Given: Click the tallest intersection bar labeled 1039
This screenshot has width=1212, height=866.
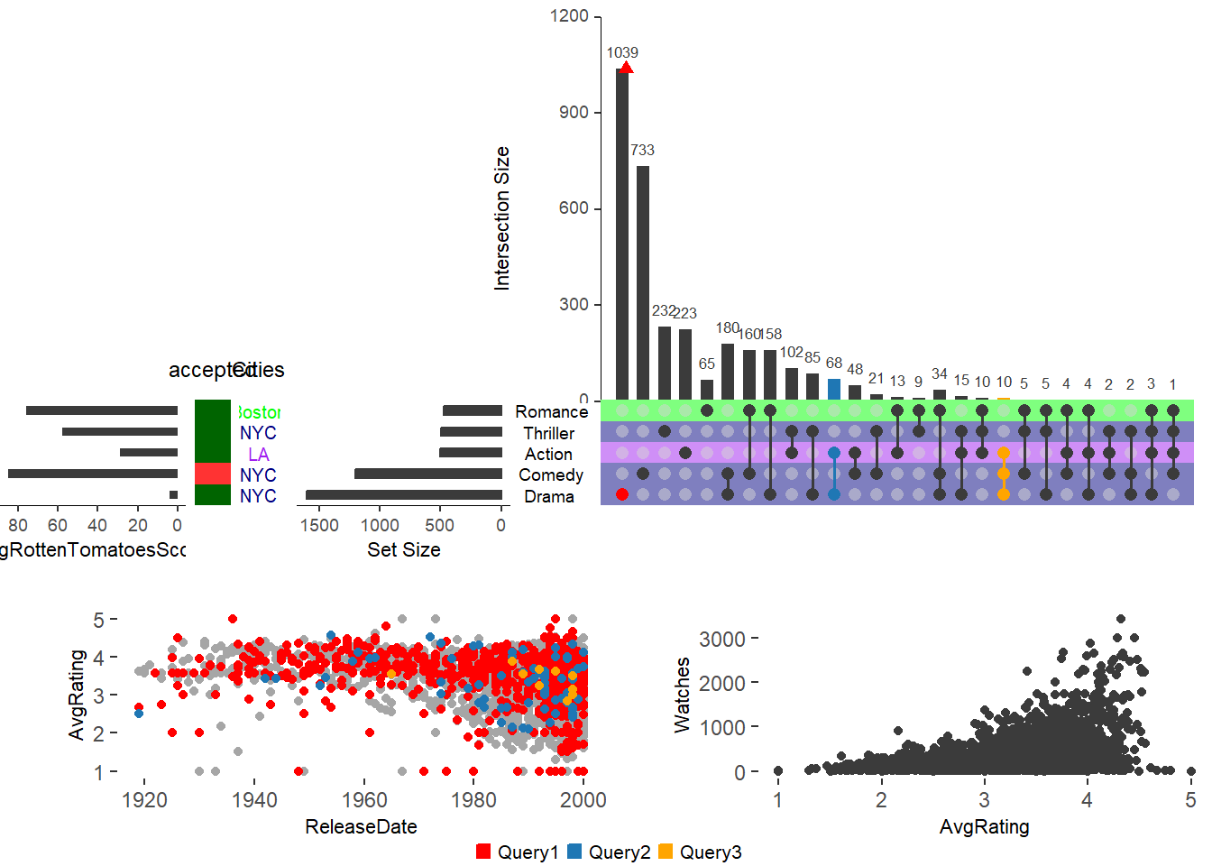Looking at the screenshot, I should [622, 235].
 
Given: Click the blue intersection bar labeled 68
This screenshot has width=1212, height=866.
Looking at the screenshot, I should [834, 390].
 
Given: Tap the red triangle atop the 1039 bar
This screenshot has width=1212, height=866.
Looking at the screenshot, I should [626, 68].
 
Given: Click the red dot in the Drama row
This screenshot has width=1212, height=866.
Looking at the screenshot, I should [622, 494].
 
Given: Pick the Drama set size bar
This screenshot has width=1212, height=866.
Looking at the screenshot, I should [404, 494].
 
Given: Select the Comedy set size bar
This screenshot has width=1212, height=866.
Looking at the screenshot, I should [428, 474].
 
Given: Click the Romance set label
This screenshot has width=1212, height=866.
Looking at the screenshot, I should [551, 411].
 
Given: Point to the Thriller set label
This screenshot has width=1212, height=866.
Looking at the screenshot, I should [548, 433].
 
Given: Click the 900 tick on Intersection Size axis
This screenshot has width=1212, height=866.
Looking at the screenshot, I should [574, 112].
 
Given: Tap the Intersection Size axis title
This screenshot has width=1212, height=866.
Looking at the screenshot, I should [502, 218].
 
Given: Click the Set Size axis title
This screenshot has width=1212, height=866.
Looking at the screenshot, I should [403, 549].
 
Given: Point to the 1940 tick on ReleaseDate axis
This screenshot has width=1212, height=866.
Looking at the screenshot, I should [254, 799].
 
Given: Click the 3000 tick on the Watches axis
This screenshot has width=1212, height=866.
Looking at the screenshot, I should [722, 639].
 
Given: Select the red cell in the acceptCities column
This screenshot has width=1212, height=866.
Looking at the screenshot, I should [213, 474].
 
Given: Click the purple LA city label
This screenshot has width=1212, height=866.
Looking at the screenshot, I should [258, 454].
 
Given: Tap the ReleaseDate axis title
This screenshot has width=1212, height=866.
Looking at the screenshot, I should [361, 826].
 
